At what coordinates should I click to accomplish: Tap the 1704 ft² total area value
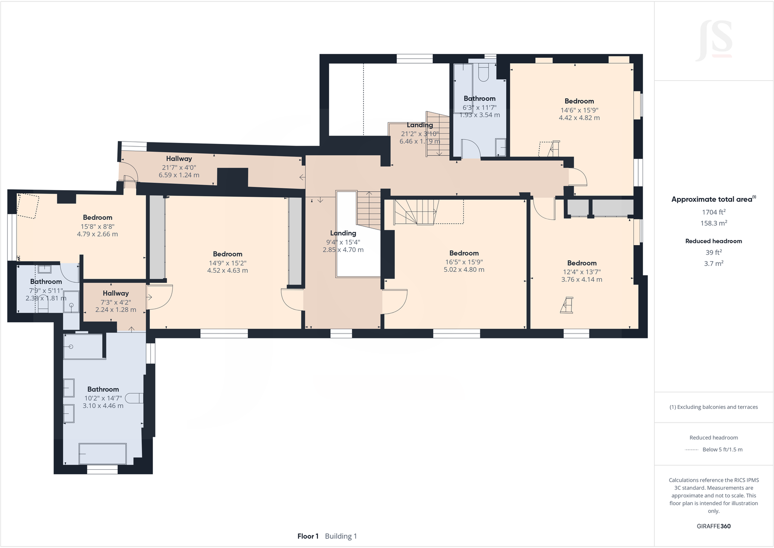coord(713,212)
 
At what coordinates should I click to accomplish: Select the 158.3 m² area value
coord(713,223)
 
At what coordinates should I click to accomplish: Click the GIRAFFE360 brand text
coord(713,526)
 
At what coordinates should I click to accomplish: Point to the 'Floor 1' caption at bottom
coord(308,536)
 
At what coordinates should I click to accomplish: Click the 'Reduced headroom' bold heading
coord(713,241)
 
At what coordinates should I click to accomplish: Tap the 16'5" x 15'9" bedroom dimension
coord(464,262)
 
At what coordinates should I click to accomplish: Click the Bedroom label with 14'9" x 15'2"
coord(227,254)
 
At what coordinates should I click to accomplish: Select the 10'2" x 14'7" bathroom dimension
coord(103,398)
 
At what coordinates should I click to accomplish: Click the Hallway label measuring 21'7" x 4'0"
coord(179,159)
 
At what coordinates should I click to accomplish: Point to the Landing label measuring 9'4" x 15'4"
coord(343,233)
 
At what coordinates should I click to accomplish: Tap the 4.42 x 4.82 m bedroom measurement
coord(579,118)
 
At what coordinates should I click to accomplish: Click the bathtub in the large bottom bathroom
coord(102,453)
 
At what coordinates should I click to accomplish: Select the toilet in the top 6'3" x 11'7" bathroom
coord(484,73)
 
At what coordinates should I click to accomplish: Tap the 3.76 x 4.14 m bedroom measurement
coord(581,280)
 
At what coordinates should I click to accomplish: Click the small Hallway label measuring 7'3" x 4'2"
coord(115,293)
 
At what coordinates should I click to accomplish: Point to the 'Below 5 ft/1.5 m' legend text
coord(722,449)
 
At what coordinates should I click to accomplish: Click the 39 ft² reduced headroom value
coord(713,252)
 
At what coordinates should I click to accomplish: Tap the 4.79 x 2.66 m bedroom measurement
coord(97,234)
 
